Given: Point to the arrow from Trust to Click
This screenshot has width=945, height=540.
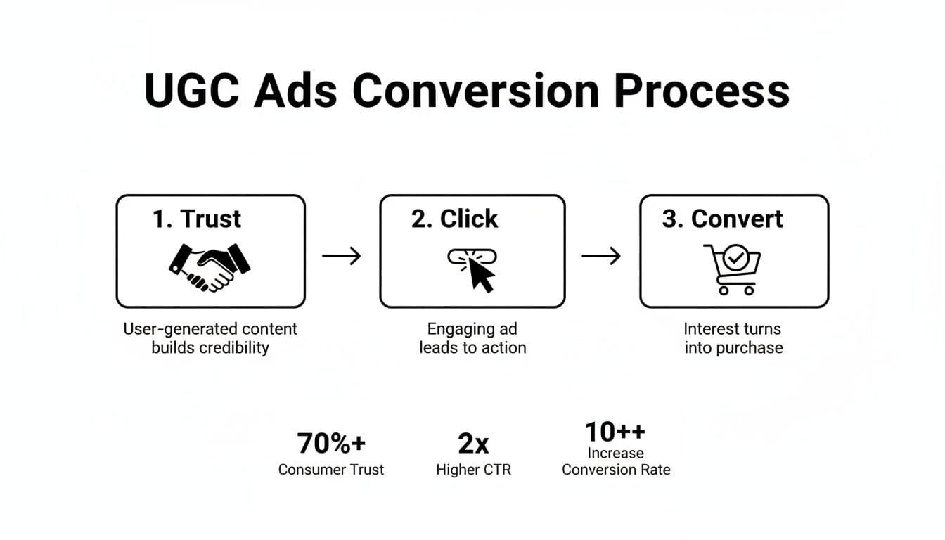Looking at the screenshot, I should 342,256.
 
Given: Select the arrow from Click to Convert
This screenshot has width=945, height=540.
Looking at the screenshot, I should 601,256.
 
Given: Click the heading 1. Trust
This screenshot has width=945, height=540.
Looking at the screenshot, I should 197,219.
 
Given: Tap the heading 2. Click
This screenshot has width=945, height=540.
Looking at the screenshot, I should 454,219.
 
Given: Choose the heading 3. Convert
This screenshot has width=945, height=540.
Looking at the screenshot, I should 722,219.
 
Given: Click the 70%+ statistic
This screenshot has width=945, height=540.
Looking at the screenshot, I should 331,444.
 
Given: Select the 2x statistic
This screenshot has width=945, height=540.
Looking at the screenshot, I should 473,444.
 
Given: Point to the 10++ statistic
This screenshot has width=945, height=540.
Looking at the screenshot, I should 615,431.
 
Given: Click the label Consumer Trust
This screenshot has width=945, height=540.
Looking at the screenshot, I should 331,470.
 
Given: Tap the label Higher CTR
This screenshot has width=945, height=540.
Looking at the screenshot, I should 473,470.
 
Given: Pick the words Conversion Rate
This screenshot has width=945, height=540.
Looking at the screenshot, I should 616,470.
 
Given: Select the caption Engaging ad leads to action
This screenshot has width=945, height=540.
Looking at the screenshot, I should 472,338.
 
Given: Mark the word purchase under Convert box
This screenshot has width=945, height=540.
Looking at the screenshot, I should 751,348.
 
